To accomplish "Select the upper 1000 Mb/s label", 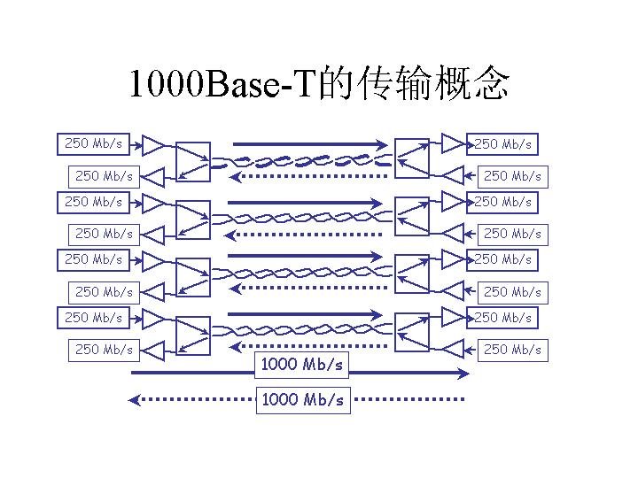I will (x=302, y=364).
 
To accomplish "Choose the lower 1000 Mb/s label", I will (x=302, y=399).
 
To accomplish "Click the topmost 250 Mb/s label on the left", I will (x=94, y=143).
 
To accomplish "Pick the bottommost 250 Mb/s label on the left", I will (x=105, y=349).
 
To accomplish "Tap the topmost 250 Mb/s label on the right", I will (x=503, y=143).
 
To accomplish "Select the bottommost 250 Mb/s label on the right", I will (x=513, y=349).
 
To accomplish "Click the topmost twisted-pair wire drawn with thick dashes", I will (x=302, y=161).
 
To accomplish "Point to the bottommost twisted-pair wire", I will (x=302, y=334).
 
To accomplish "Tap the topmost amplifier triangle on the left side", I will (x=154, y=143).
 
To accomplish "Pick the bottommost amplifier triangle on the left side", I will (x=154, y=349).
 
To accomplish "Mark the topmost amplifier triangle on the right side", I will (x=454, y=143).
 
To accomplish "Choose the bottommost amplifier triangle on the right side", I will (x=454, y=349).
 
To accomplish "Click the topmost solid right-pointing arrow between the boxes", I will (x=310, y=143).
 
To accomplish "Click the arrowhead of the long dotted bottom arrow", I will (x=136, y=399).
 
